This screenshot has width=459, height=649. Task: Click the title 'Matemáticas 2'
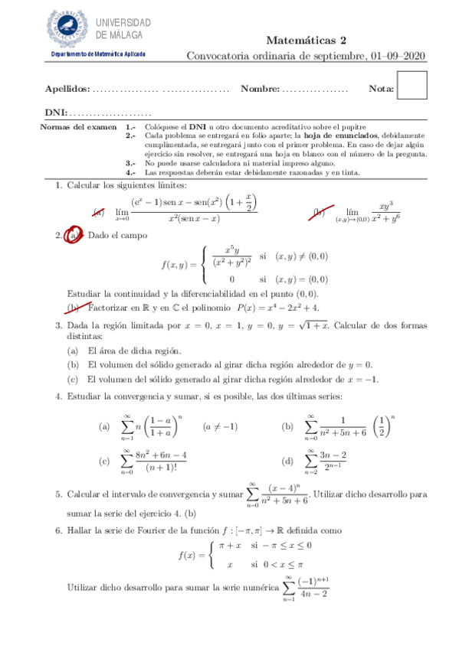point(307,41)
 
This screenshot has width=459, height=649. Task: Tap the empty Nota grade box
point(412,85)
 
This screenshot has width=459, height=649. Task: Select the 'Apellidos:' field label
point(67,90)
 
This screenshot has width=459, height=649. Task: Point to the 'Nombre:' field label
point(260,90)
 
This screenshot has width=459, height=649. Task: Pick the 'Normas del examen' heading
point(77,126)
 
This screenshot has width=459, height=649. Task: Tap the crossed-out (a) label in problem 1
point(98,213)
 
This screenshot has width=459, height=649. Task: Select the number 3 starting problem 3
point(58,326)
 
